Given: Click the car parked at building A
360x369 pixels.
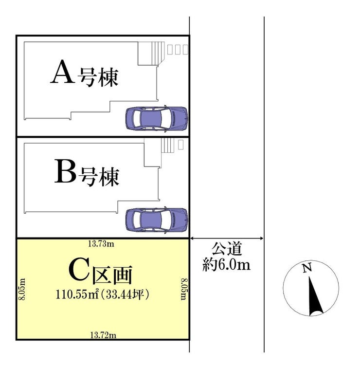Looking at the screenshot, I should tap(157, 118).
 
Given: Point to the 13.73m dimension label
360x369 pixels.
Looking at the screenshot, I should tap(101, 243).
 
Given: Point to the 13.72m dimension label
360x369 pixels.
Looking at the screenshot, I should tap(103, 334).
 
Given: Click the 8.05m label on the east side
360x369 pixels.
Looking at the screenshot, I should tap(184, 289).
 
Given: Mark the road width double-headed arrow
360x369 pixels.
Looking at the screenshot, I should tap(227, 238).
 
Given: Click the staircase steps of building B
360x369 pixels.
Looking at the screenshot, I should tap(167, 146).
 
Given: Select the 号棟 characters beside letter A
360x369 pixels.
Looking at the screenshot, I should tap(100, 78).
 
